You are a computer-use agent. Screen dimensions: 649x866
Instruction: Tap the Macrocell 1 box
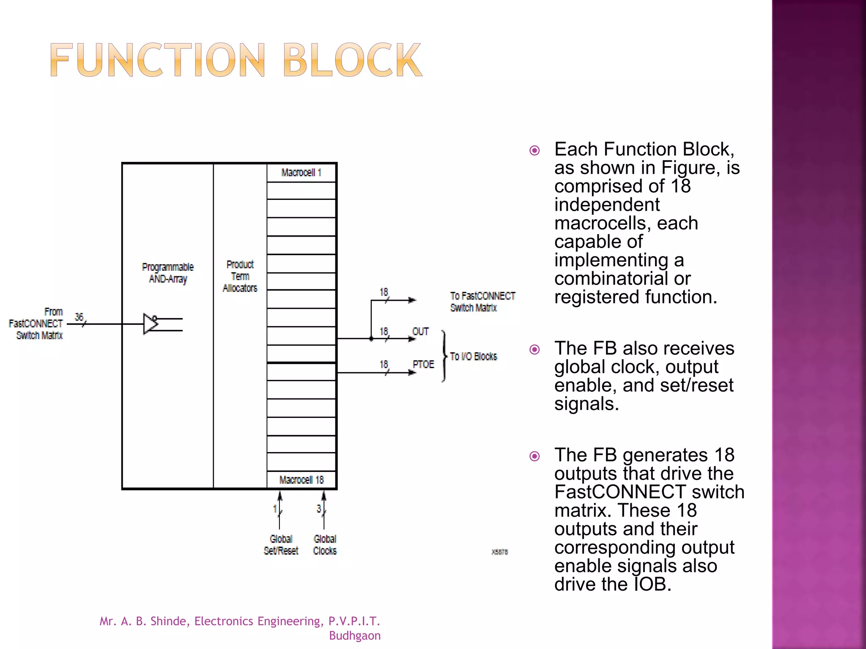tap(301, 173)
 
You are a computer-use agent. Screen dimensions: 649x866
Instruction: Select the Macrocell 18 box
tap(301, 480)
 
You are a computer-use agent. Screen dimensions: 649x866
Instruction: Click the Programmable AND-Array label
tap(168, 273)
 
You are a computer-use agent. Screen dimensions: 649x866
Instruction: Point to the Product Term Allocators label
tap(240, 276)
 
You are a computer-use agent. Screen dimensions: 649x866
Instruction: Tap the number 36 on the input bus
tap(79, 317)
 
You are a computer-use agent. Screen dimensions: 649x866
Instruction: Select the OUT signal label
tap(420, 332)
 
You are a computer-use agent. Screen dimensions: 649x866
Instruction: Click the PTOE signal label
tap(423, 365)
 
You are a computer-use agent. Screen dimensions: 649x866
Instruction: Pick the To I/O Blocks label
tap(474, 357)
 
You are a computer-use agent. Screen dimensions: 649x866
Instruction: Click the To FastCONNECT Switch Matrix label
tap(482, 302)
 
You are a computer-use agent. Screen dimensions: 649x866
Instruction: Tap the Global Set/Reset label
tap(281, 545)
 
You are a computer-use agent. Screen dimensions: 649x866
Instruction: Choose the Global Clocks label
tap(325, 545)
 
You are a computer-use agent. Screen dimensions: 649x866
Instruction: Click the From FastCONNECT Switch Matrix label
tap(36, 324)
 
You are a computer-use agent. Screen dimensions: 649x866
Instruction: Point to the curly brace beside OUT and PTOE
tap(443, 356)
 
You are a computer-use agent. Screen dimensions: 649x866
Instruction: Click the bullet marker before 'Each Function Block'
tap(534, 150)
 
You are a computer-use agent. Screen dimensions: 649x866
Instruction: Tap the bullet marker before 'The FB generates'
tap(534, 456)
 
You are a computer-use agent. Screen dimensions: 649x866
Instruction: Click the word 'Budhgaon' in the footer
tap(355, 635)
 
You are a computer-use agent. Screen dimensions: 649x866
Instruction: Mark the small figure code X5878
tap(499, 552)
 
